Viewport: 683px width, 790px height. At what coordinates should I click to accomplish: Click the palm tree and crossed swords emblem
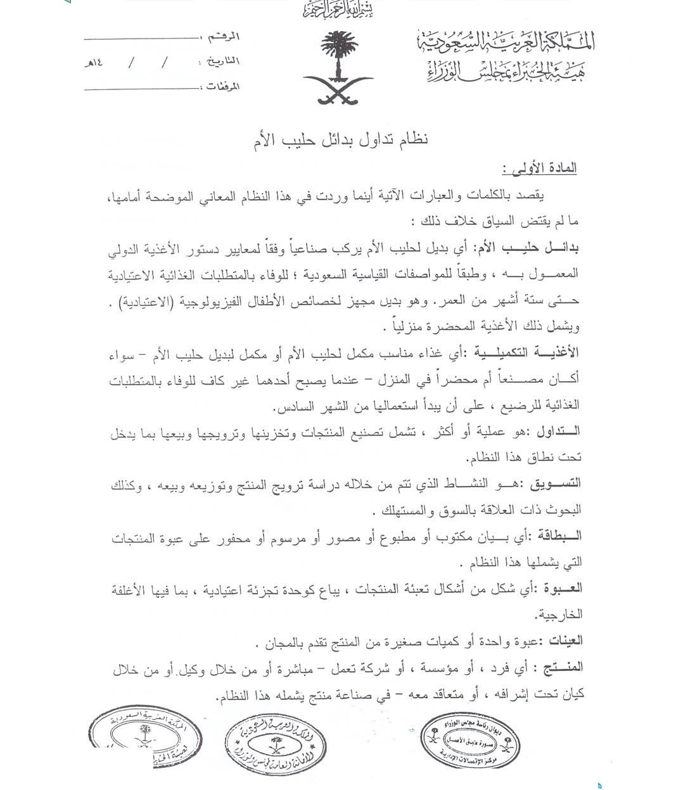pos(336,68)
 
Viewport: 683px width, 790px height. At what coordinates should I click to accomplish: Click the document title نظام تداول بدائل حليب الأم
pos(337,139)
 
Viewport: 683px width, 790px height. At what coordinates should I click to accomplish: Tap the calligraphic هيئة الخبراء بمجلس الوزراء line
pos(504,70)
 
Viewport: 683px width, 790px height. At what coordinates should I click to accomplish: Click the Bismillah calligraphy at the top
pos(336,11)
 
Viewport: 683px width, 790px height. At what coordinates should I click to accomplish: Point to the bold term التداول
pos(558,432)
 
